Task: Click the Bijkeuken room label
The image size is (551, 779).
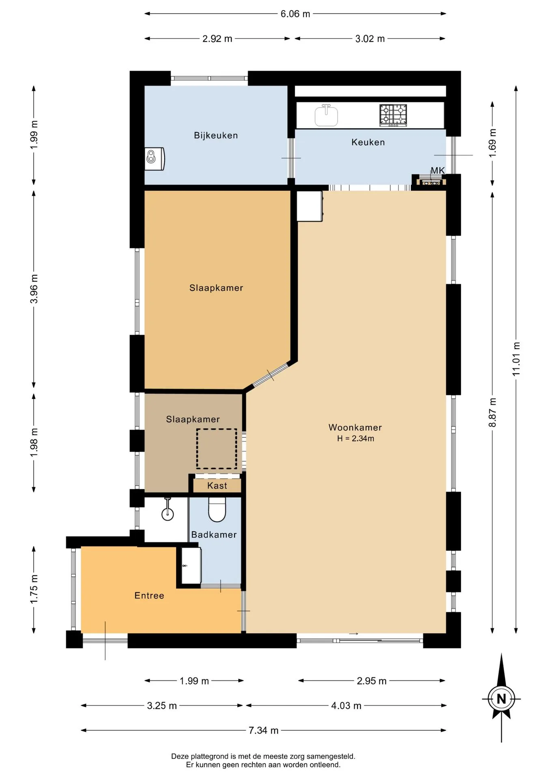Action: tap(216, 136)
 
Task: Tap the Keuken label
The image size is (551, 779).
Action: tap(368, 142)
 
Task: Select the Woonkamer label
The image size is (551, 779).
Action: tap(355, 428)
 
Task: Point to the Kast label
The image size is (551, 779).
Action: tap(217, 486)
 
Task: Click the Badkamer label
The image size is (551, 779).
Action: tap(214, 535)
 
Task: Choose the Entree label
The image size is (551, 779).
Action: tap(149, 596)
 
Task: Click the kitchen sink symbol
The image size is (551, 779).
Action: tap(326, 115)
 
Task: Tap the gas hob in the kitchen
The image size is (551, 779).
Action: tap(393, 115)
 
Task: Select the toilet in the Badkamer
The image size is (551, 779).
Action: tap(217, 510)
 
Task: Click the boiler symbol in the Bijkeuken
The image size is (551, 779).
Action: tap(155, 159)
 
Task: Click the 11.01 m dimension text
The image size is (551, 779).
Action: tap(516, 359)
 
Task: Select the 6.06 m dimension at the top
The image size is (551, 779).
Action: tap(295, 14)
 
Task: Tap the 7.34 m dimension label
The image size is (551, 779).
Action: tap(263, 730)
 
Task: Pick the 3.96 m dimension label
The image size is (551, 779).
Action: tap(34, 289)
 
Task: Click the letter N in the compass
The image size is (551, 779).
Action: tap(501, 699)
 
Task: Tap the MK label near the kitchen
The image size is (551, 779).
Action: tap(438, 171)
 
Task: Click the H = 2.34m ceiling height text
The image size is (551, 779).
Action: tap(355, 439)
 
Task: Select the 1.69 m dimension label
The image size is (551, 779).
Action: tap(493, 144)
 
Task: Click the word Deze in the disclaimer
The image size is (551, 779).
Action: tap(180, 756)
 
